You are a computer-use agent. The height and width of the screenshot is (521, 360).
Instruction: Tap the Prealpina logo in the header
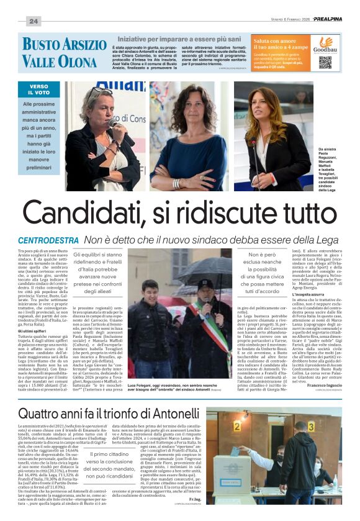(327, 19)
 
